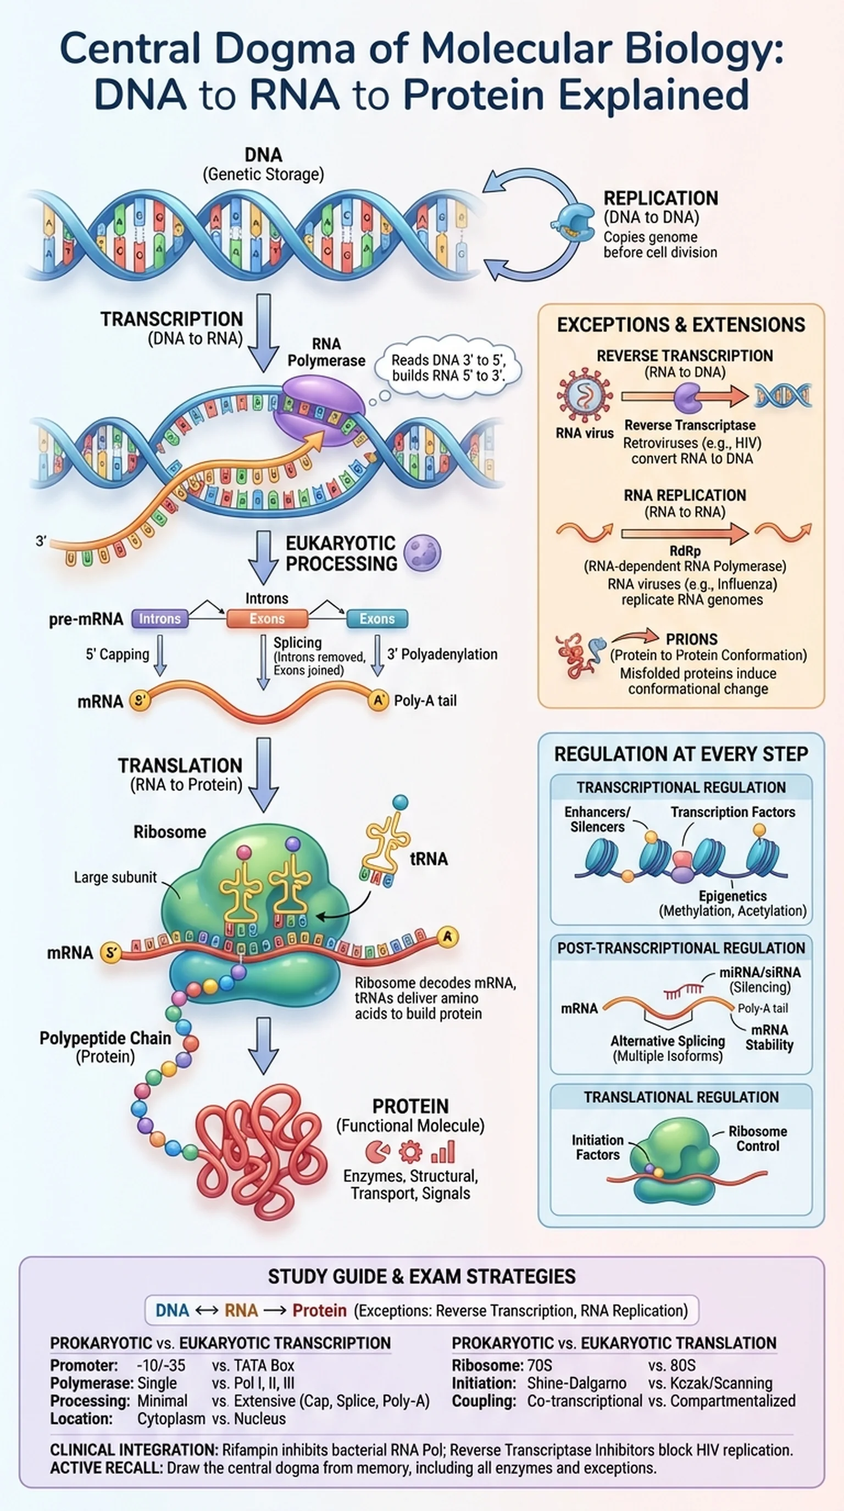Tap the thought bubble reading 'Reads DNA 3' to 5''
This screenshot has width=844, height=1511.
pyautogui.click(x=448, y=367)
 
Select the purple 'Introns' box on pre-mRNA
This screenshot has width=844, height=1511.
pyautogui.click(x=160, y=619)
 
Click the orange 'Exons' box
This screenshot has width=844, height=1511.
pyautogui.click(x=267, y=619)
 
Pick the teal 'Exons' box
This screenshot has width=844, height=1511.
pyautogui.click(x=377, y=619)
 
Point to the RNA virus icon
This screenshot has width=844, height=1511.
pyautogui.click(x=584, y=396)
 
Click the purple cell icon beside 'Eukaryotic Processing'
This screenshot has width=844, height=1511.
pyautogui.click(x=423, y=552)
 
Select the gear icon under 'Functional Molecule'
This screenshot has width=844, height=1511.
pyautogui.click(x=410, y=1151)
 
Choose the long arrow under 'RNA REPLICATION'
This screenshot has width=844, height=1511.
pyautogui.click(x=684, y=533)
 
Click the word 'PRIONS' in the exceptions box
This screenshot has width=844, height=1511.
pyautogui.click(x=691, y=639)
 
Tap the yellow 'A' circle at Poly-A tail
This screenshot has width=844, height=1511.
pyautogui.click(x=378, y=701)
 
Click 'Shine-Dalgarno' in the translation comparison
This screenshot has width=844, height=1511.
pyautogui.click(x=576, y=1383)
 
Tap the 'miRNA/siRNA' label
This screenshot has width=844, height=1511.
pyautogui.click(x=759, y=972)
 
